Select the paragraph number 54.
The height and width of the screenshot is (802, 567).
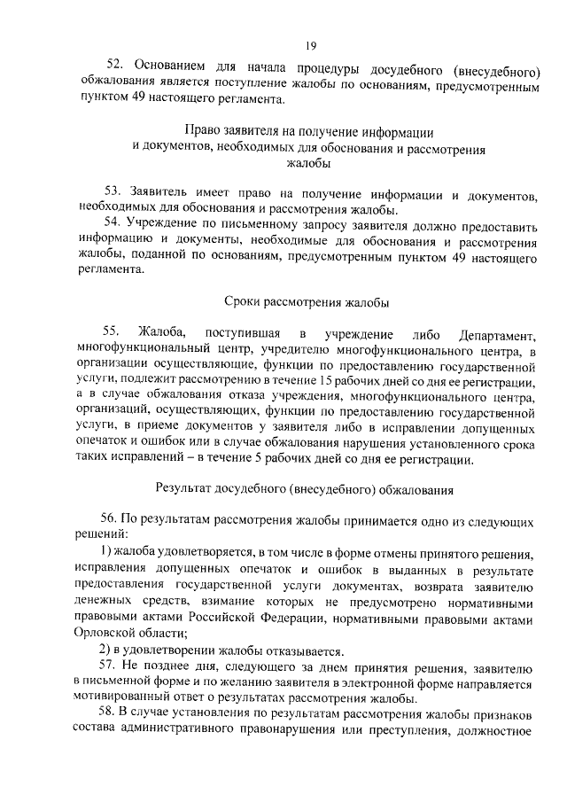pyautogui.click(x=113, y=222)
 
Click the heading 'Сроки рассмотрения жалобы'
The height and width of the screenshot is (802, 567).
pyautogui.click(x=307, y=303)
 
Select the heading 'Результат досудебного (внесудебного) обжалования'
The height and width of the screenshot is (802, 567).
pyautogui.click(x=305, y=487)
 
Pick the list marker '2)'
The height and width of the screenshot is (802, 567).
pyautogui.click(x=104, y=650)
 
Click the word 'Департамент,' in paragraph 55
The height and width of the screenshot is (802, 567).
pyautogui.click(x=498, y=334)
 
